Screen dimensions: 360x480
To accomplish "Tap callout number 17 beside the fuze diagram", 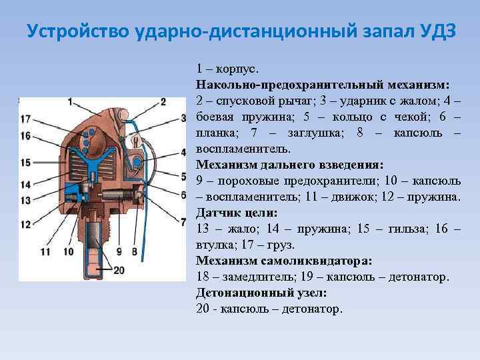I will click(x=25, y=119).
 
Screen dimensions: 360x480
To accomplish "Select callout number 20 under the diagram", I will click(x=119, y=270).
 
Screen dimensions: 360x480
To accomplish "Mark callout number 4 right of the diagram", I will click(x=183, y=153).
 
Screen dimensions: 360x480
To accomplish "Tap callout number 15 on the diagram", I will click(x=25, y=162).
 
